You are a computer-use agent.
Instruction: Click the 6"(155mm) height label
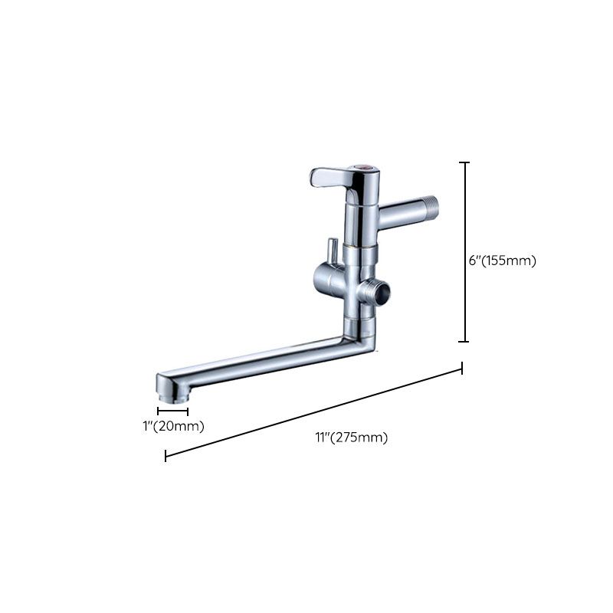pyautogui.click(x=502, y=261)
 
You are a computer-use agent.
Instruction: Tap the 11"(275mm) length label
pyautogui.click(x=351, y=438)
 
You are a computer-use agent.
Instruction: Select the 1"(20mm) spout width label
pyautogui.click(x=174, y=426)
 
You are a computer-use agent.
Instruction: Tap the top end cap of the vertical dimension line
pyautogui.click(x=464, y=163)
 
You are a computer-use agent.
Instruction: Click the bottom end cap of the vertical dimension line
pyautogui.click(x=464, y=342)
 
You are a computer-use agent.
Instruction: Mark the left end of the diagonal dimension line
pyautogui.click(x=166, y=457)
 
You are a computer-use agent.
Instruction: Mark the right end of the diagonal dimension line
pyautogui.click(x=462, y=369)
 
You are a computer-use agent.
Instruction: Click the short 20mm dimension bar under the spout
pyautogui.click(x=172, y=411)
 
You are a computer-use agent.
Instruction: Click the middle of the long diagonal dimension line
pyautogui.click(x=314, y=413)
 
